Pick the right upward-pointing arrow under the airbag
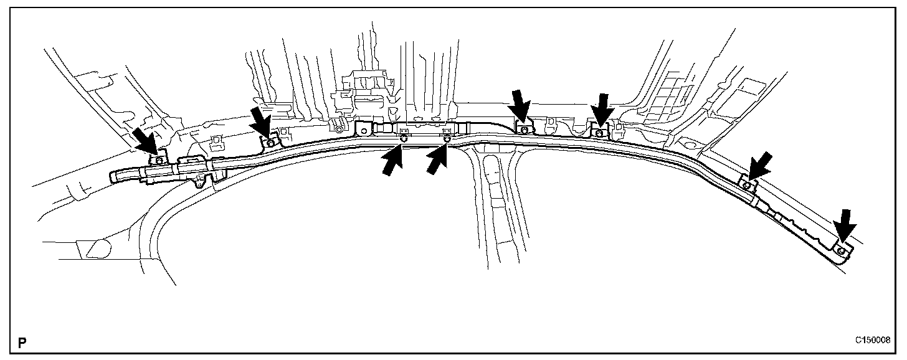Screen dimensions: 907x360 [437, 161]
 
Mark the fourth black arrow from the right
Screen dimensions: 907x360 [520, 107]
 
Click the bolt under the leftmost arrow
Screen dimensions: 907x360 [159, 159]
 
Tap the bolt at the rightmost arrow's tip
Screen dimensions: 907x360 [840, 250]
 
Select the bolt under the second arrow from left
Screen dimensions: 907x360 [270, 142]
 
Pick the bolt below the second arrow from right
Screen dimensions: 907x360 [747, 185]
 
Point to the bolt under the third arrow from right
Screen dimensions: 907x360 [599, 132]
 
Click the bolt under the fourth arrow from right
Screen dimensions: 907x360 [524, 130]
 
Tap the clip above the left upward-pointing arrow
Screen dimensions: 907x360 [403, 131]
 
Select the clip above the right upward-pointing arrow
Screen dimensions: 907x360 [446, 131]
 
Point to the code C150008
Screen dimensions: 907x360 [872, 340]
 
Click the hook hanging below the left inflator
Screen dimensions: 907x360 [199, 182]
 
